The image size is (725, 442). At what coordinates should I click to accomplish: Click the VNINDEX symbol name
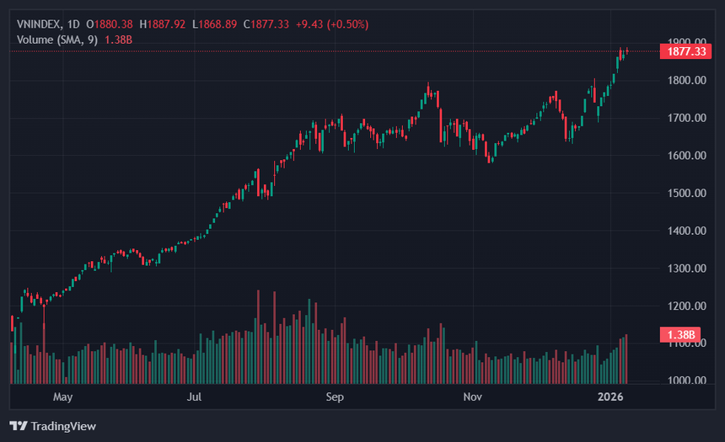39,24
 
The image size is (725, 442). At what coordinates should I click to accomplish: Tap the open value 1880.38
113,24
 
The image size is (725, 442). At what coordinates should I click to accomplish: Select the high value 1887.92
166,24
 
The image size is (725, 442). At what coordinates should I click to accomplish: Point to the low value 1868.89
217,24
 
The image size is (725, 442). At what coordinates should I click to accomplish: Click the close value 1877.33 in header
270,24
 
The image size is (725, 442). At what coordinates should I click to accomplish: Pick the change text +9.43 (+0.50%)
332,24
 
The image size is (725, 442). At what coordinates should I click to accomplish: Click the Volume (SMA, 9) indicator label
57,40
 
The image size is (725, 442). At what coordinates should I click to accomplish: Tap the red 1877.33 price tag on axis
685,51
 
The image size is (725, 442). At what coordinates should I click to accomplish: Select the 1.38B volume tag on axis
680,334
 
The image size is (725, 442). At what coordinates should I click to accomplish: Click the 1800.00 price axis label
686,80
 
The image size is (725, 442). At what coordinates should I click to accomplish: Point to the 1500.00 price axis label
686,193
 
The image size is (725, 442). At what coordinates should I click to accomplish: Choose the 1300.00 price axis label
686,269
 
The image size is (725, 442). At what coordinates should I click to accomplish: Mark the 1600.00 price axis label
686,156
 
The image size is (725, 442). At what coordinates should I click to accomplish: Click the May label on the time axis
63,397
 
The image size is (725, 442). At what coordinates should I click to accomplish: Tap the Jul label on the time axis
194,397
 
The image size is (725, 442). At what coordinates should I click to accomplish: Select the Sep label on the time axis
335,397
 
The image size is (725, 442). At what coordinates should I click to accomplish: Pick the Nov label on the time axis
473,397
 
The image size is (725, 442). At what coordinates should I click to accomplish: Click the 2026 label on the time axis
610,397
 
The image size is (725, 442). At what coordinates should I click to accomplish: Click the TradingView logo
53,426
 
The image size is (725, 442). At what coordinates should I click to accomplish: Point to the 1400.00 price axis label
686,231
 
